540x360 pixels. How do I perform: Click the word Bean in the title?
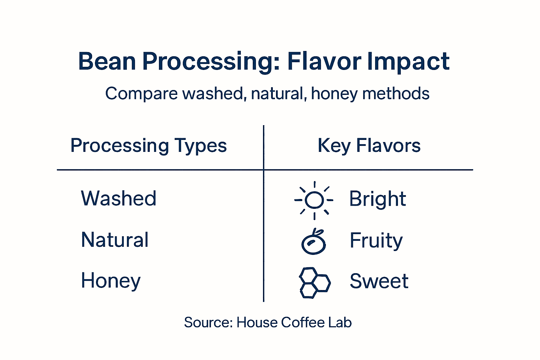[x=107, y=62]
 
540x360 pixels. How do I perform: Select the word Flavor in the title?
[x=324, y=62]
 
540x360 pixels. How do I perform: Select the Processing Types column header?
[x=148, y=146]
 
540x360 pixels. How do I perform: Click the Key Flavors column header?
[x=369, y=146]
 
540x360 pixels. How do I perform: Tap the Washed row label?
[x=118, y=198]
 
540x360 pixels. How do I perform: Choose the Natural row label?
[x=115, y=240]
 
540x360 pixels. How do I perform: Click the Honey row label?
[x=111, y=281]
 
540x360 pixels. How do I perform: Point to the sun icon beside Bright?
[x=314, y=200]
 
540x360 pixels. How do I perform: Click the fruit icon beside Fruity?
[x=314, y=243]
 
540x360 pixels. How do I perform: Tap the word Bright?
[x=377, y=199]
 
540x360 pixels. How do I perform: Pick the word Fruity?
[x=376, y=241]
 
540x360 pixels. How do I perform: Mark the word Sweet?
[x=379, y=281]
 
